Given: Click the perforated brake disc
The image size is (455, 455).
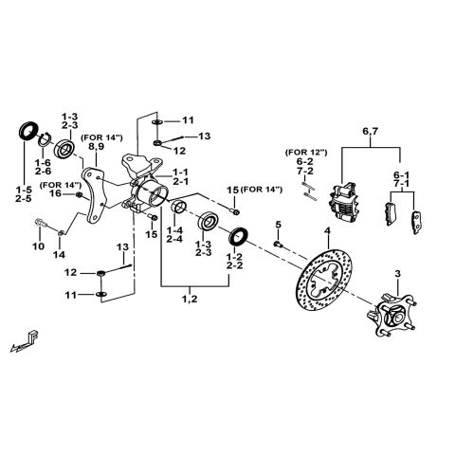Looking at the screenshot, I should [327, 284].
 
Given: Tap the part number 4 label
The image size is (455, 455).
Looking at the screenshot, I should [327, 231].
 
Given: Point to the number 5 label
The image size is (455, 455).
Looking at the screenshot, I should [279, 225].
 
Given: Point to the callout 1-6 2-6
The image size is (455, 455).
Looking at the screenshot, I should [43, 169].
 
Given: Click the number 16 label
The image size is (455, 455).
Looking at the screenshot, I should [56, 193].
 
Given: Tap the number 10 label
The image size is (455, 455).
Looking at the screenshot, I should [38, 246].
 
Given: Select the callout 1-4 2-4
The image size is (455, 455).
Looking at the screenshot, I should [175, 235].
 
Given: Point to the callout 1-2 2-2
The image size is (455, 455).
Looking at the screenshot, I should [236, 262].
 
